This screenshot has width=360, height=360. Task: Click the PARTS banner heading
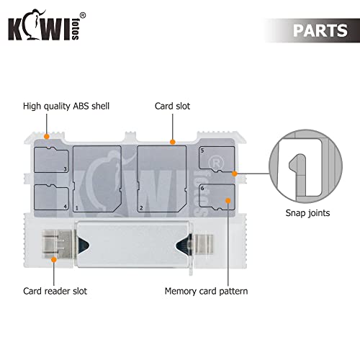[320, 30]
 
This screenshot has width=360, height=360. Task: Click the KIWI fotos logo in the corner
[47, 25]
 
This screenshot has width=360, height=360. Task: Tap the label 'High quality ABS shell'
[66, 106]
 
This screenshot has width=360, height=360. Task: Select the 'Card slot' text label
[172, 106]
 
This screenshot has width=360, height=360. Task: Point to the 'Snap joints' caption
[307, 213]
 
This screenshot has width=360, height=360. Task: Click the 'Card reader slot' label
[55, 291]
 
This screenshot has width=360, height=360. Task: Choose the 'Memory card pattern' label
[206, 292]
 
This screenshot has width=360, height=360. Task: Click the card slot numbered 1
[97, 179]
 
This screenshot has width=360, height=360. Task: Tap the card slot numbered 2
[161, 179]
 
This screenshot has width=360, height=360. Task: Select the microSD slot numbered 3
[51, 160]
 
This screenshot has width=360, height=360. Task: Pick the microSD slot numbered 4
[51, 197]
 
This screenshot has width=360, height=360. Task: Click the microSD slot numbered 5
[217, 159]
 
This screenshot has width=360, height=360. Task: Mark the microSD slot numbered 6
[217, 197]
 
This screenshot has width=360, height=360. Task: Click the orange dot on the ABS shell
[47, 137]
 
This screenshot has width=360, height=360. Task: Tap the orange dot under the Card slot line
[172, 142]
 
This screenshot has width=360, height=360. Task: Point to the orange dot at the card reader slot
[54, 259]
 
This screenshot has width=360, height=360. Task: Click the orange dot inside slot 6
[228, 201]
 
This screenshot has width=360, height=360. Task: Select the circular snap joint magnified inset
[305, 166]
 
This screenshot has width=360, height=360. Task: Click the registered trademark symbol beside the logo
[82, 16]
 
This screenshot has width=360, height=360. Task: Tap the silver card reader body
[133, 244]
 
